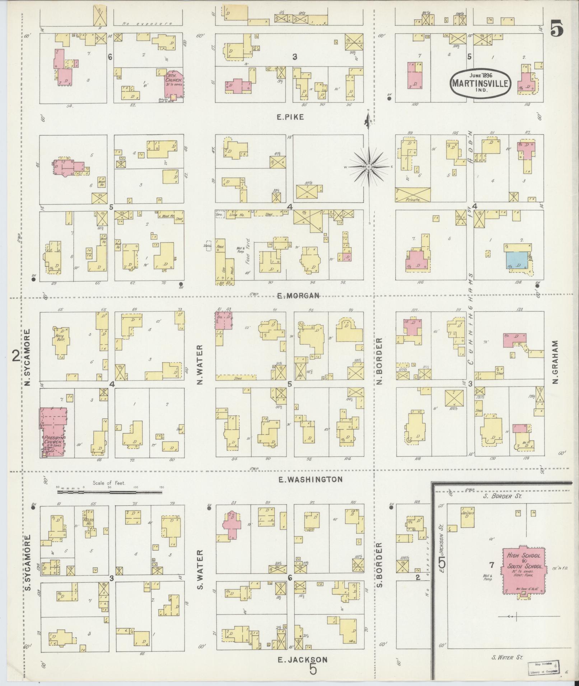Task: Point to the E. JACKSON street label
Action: tap(303, 659)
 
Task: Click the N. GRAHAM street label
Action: tap(556, 362)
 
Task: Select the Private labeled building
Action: tap(413, 194)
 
